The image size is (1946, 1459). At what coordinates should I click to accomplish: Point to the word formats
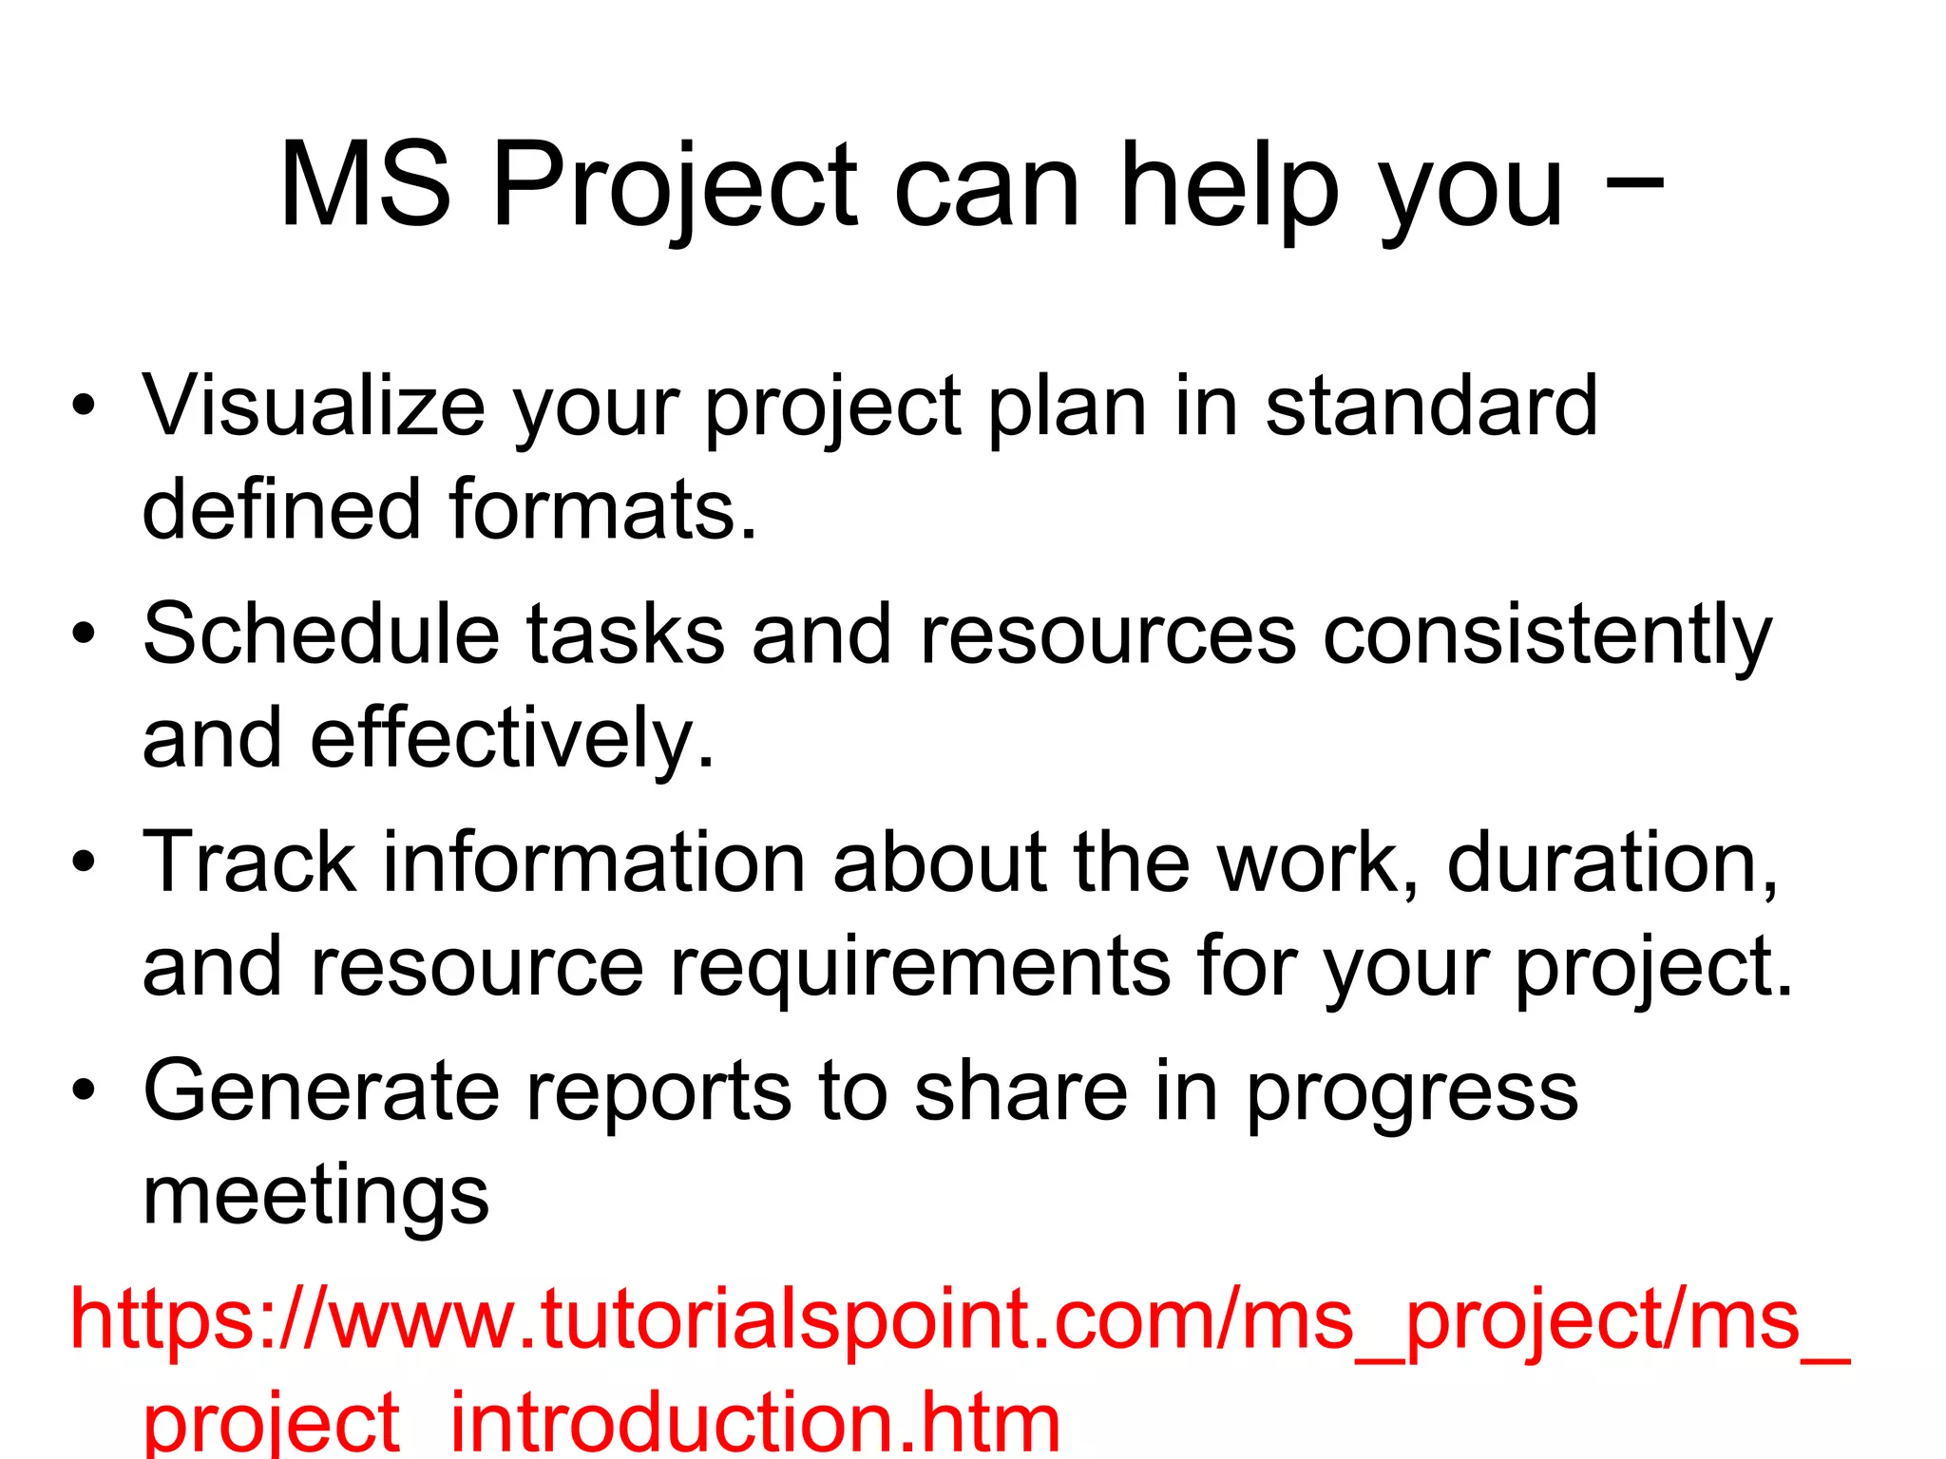click(602, 510)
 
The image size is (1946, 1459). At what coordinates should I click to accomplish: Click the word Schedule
click(321, 635)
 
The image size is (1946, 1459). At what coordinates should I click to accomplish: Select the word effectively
click(511, 739)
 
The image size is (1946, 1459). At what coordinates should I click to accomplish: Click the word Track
click(249, 862)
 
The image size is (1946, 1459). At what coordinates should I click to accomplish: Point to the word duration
click(1612, 862)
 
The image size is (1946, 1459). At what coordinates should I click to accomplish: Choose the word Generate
click(321, 1090)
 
